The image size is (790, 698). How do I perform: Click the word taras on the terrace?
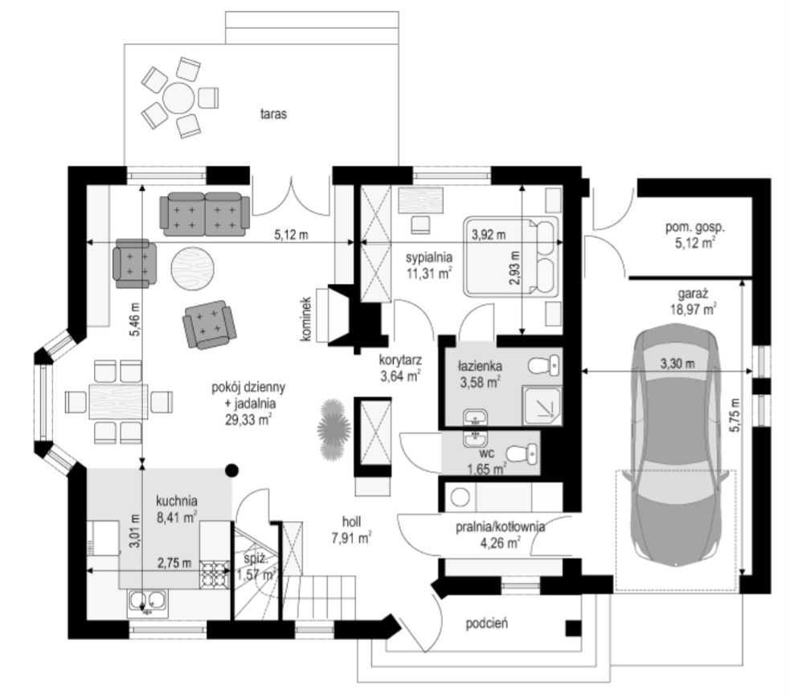(273, 114)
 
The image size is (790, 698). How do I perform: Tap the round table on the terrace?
(178, 97)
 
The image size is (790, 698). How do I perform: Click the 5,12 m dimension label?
(291, 234)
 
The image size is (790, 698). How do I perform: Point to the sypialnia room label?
(429, 257)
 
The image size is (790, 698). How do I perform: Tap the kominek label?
(306, 318)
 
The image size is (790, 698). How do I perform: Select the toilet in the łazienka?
(544, 365)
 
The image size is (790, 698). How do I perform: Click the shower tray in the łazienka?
(542, 404)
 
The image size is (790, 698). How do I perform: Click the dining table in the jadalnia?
(118, 401)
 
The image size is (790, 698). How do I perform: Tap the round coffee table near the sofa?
(193, 268)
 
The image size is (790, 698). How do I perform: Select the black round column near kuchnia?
(231, 470)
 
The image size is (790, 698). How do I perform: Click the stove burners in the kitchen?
(215, 575)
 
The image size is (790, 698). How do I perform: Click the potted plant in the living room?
(334, 429)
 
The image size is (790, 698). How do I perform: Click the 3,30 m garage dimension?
(677, 363)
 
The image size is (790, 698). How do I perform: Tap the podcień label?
(487, 624)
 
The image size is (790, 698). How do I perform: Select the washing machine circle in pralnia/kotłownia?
(460, 498)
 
